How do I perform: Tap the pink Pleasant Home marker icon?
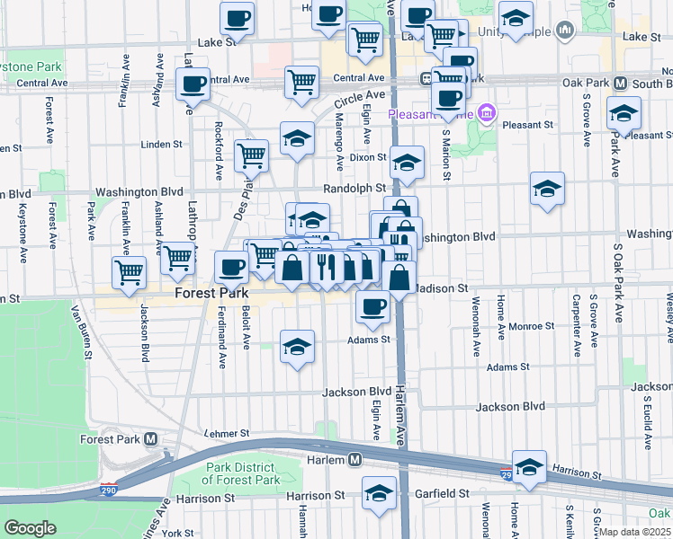487,113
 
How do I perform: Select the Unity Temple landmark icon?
565,31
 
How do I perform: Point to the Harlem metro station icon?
355,460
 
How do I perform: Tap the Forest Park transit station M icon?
150,439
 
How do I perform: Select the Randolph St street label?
354,188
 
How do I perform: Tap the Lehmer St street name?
226,433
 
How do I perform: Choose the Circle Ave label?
361,95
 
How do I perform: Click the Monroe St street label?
529,326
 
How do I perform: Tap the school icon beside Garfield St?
379,491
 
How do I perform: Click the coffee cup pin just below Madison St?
372,306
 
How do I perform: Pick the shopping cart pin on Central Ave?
302,82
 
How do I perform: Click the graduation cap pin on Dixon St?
407,162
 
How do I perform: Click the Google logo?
30,528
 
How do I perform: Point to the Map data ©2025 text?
635,532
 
